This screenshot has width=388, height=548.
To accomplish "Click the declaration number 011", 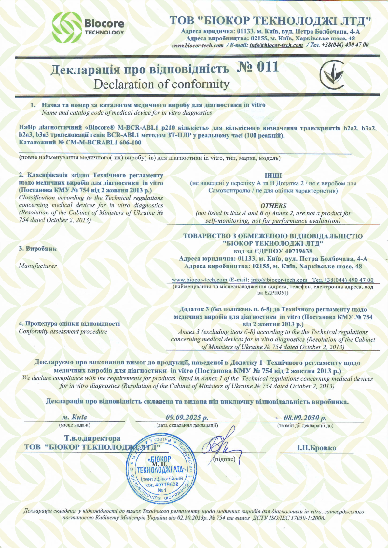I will pos(258,67).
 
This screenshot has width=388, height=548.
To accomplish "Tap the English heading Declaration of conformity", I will pos(161,84).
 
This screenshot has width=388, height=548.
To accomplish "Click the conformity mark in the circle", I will pos(331,75).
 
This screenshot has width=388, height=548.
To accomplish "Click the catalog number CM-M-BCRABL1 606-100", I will pos(104,142).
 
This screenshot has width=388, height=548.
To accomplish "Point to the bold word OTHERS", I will pos(273,206).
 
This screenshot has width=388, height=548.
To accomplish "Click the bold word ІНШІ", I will pos(273,176).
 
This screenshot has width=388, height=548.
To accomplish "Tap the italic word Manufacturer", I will pos(38,266).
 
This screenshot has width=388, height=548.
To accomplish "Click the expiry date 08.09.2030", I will pos(305,418).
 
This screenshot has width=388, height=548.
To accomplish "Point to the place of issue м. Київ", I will pos(74,417).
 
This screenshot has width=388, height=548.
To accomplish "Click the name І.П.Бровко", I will pos(316,448).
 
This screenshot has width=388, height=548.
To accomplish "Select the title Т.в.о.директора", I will pos(92,438).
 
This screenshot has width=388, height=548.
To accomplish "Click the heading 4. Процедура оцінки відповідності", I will pos(69,324).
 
